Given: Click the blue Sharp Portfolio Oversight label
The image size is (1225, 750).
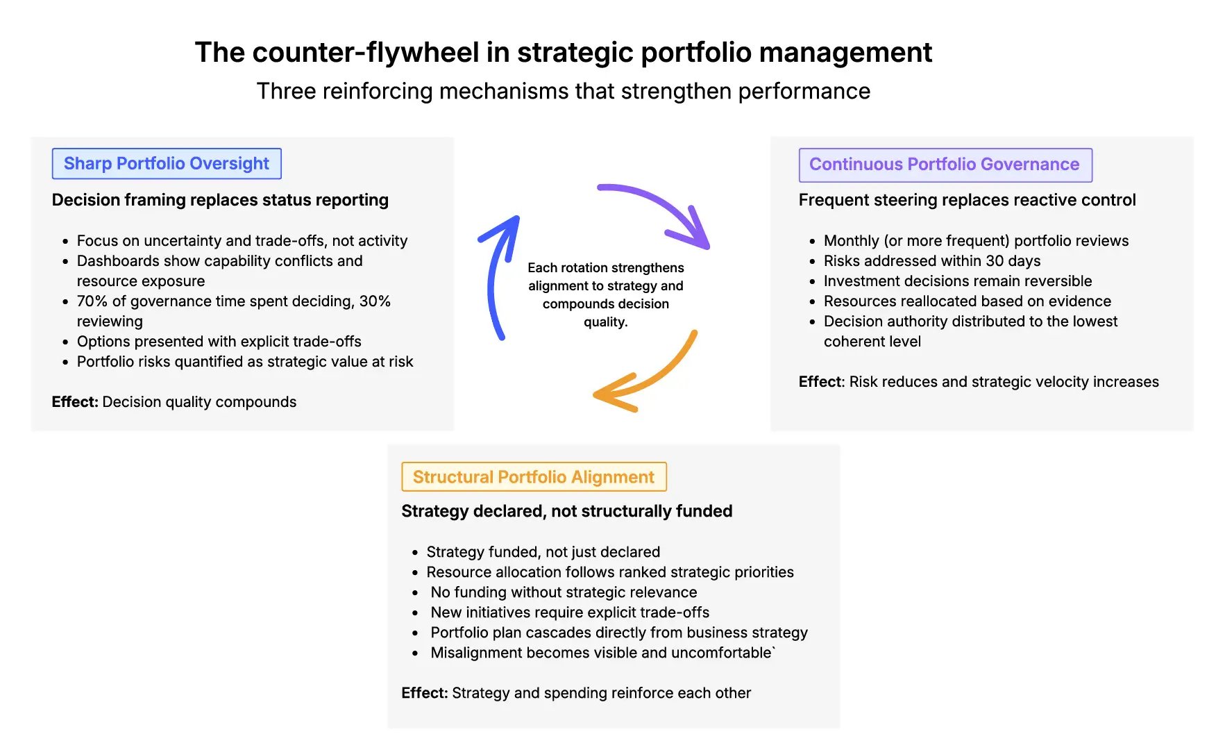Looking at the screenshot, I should tap(167, 164).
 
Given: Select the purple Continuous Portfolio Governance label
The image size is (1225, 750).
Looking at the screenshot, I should tap(945, 165).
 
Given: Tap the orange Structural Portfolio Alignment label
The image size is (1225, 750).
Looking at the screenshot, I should tap(534, 477).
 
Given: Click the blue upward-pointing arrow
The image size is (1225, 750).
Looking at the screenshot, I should tap(496, 278).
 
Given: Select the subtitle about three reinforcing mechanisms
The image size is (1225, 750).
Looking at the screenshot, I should tap(563, 91).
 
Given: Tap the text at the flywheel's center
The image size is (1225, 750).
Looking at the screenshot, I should tap(605, 294).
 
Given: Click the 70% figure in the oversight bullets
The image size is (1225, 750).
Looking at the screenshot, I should tap(92, 301).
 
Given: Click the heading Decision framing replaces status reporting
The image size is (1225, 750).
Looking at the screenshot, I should tap(220, 200).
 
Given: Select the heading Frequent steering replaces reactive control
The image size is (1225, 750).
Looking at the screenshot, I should tap(967, 200).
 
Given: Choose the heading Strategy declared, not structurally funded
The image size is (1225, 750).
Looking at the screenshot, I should tap(566, 511).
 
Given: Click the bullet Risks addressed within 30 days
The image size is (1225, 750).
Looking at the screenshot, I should tap(931, 261).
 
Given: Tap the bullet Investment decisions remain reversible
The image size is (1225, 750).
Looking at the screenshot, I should tap(957, 281).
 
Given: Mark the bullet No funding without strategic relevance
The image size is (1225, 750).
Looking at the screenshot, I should tap(564, 592).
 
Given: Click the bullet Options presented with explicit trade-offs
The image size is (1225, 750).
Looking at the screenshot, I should tap(219, 342).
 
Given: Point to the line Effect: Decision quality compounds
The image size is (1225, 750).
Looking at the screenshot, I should tap(174, 402).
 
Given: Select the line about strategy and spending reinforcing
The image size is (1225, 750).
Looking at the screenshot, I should tap(576, 693).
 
